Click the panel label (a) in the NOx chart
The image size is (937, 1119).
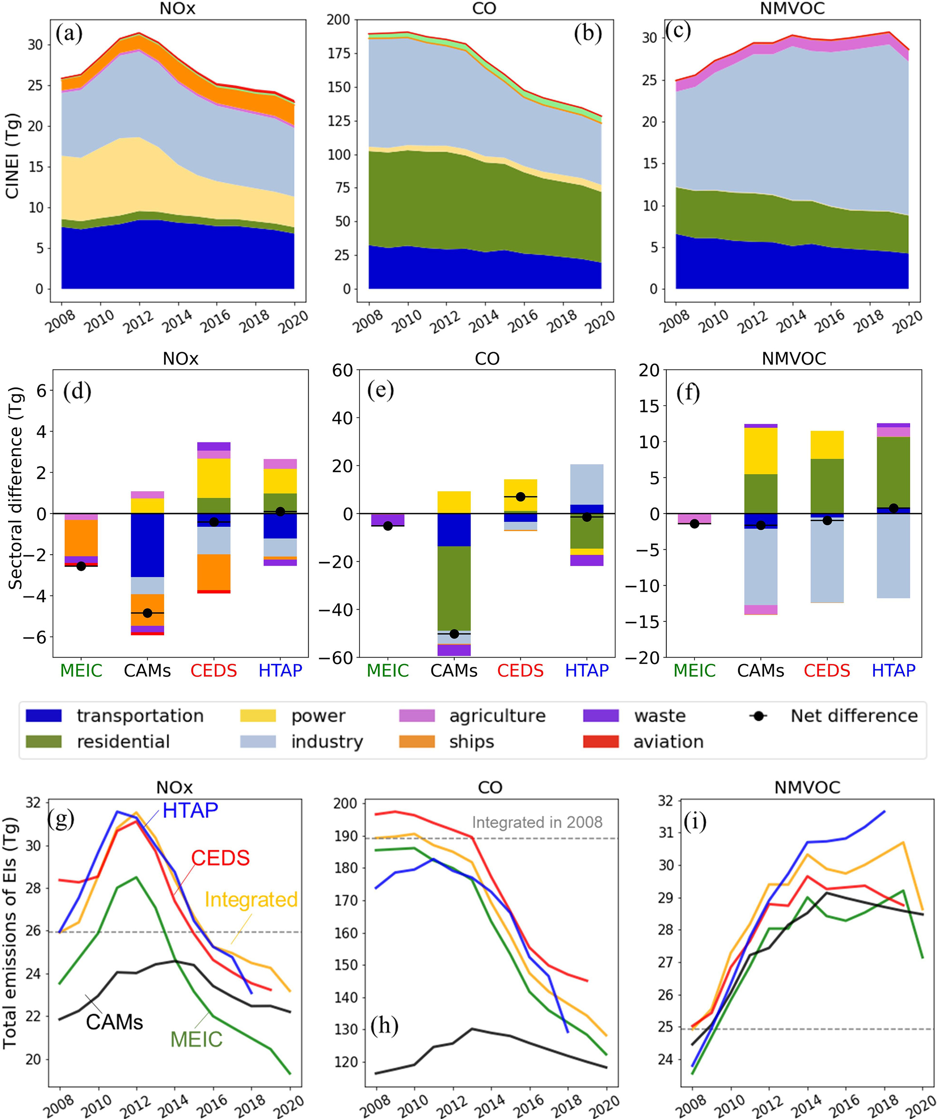click(x=69, y=34)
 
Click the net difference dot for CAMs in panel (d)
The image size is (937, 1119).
click(x=148, y=613)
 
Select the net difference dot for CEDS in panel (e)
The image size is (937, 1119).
click(x=520, y=497)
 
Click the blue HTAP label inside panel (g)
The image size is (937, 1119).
click(x=190, y=810)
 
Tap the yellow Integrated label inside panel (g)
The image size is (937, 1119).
click(x=251, y=900)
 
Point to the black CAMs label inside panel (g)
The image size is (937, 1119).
click(x=115, y=1022)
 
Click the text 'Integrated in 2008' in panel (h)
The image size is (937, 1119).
click(x=537, y=822)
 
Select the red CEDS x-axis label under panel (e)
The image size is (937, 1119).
click(x=520, y=670)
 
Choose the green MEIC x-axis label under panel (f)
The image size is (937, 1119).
click(x=694, y=670)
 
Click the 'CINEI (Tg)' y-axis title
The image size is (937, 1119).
click(x=13, y=156)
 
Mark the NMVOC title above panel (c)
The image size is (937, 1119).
click(x=792, y=9)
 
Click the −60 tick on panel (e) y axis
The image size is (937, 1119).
click(x=336, y=658)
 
